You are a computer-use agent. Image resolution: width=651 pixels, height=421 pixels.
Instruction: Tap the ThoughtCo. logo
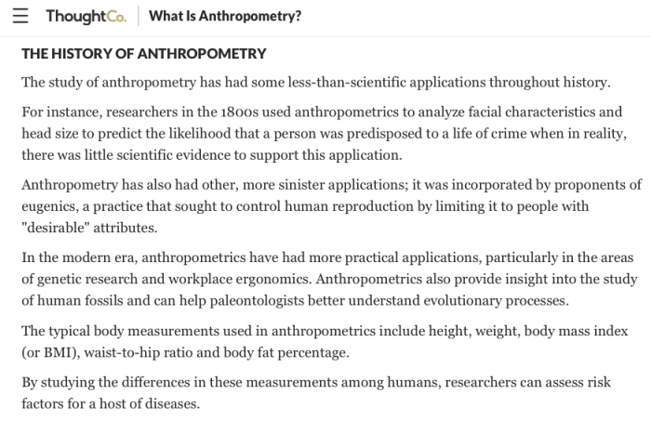(x=86, y=17)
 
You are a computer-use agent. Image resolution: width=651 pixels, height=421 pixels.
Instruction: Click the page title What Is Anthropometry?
(x=224, y=17)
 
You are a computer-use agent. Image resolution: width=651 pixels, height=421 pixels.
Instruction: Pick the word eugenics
(x=51, y=205)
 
